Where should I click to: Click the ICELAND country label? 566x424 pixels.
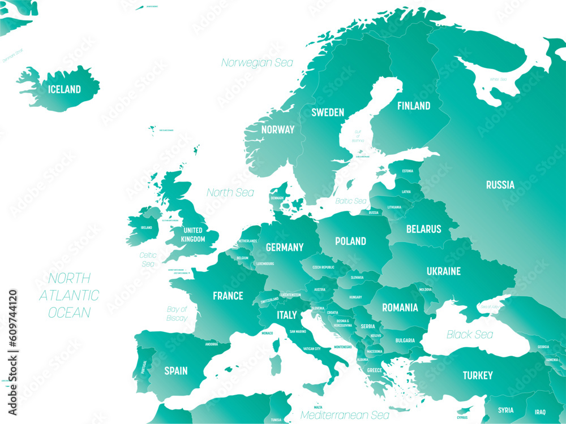coord(64,89)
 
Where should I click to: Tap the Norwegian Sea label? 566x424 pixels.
coord(257,63)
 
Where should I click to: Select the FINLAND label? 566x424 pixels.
coord(413,106)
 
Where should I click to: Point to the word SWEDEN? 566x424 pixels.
coord(328,113)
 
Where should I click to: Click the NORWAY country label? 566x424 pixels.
coord(278,129)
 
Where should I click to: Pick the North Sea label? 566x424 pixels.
coord(230,193)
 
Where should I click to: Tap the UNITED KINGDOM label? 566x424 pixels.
coord(193,235)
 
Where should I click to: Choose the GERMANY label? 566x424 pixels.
coord(285,247)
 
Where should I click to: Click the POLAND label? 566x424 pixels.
coord(350,241)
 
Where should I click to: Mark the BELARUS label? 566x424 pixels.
coord(423,229)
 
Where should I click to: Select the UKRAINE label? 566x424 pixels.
coord(444,271)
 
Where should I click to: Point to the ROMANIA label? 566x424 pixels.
coord(400,308)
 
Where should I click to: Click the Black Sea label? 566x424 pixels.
coord(470,335)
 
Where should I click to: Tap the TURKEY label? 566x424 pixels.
coord(477,375)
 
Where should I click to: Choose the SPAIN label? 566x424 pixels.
coord(175,371)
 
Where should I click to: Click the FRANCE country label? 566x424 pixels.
coord(228,296)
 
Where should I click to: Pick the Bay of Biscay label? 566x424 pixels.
coord(177,314)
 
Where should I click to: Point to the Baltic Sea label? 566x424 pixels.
coord(351,201)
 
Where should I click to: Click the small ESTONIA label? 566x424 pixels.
coord(408,171)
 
